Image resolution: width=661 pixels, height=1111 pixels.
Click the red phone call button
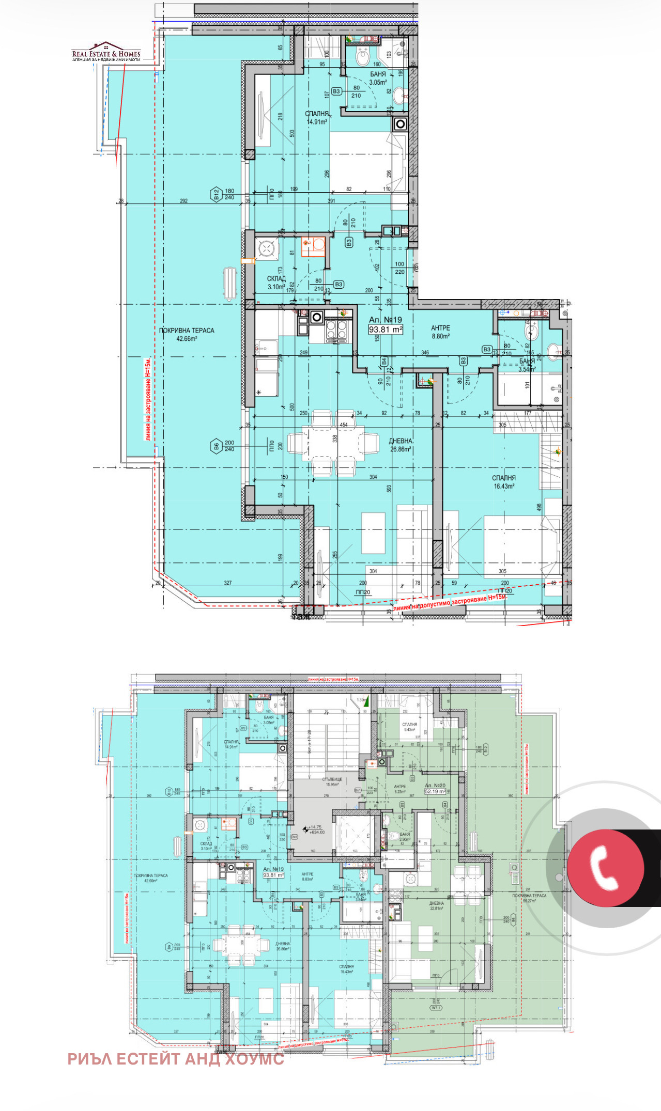606,867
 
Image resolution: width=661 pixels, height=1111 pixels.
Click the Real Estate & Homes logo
106,52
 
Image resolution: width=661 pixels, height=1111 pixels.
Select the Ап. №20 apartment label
435,785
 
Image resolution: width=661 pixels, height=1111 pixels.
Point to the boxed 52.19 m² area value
435,791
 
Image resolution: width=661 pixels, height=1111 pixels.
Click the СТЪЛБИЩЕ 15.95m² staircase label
332,782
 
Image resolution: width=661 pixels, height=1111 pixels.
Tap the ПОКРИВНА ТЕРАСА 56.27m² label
529,898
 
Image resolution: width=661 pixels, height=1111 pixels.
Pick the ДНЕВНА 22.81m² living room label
436,905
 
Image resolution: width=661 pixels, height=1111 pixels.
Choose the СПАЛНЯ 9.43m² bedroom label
409,727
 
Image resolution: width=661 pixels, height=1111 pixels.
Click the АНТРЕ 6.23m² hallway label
399,789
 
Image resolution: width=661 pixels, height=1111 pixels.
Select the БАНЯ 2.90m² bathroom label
405,837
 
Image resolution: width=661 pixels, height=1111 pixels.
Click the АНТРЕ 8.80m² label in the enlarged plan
440,332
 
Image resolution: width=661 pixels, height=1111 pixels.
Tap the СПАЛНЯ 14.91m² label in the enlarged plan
317,118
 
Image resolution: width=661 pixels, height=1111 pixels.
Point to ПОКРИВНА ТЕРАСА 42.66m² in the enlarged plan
187,334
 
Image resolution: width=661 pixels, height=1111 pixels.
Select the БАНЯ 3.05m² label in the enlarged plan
378,78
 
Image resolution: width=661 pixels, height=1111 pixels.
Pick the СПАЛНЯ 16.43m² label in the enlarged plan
504,482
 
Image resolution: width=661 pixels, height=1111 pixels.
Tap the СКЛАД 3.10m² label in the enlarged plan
276,283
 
